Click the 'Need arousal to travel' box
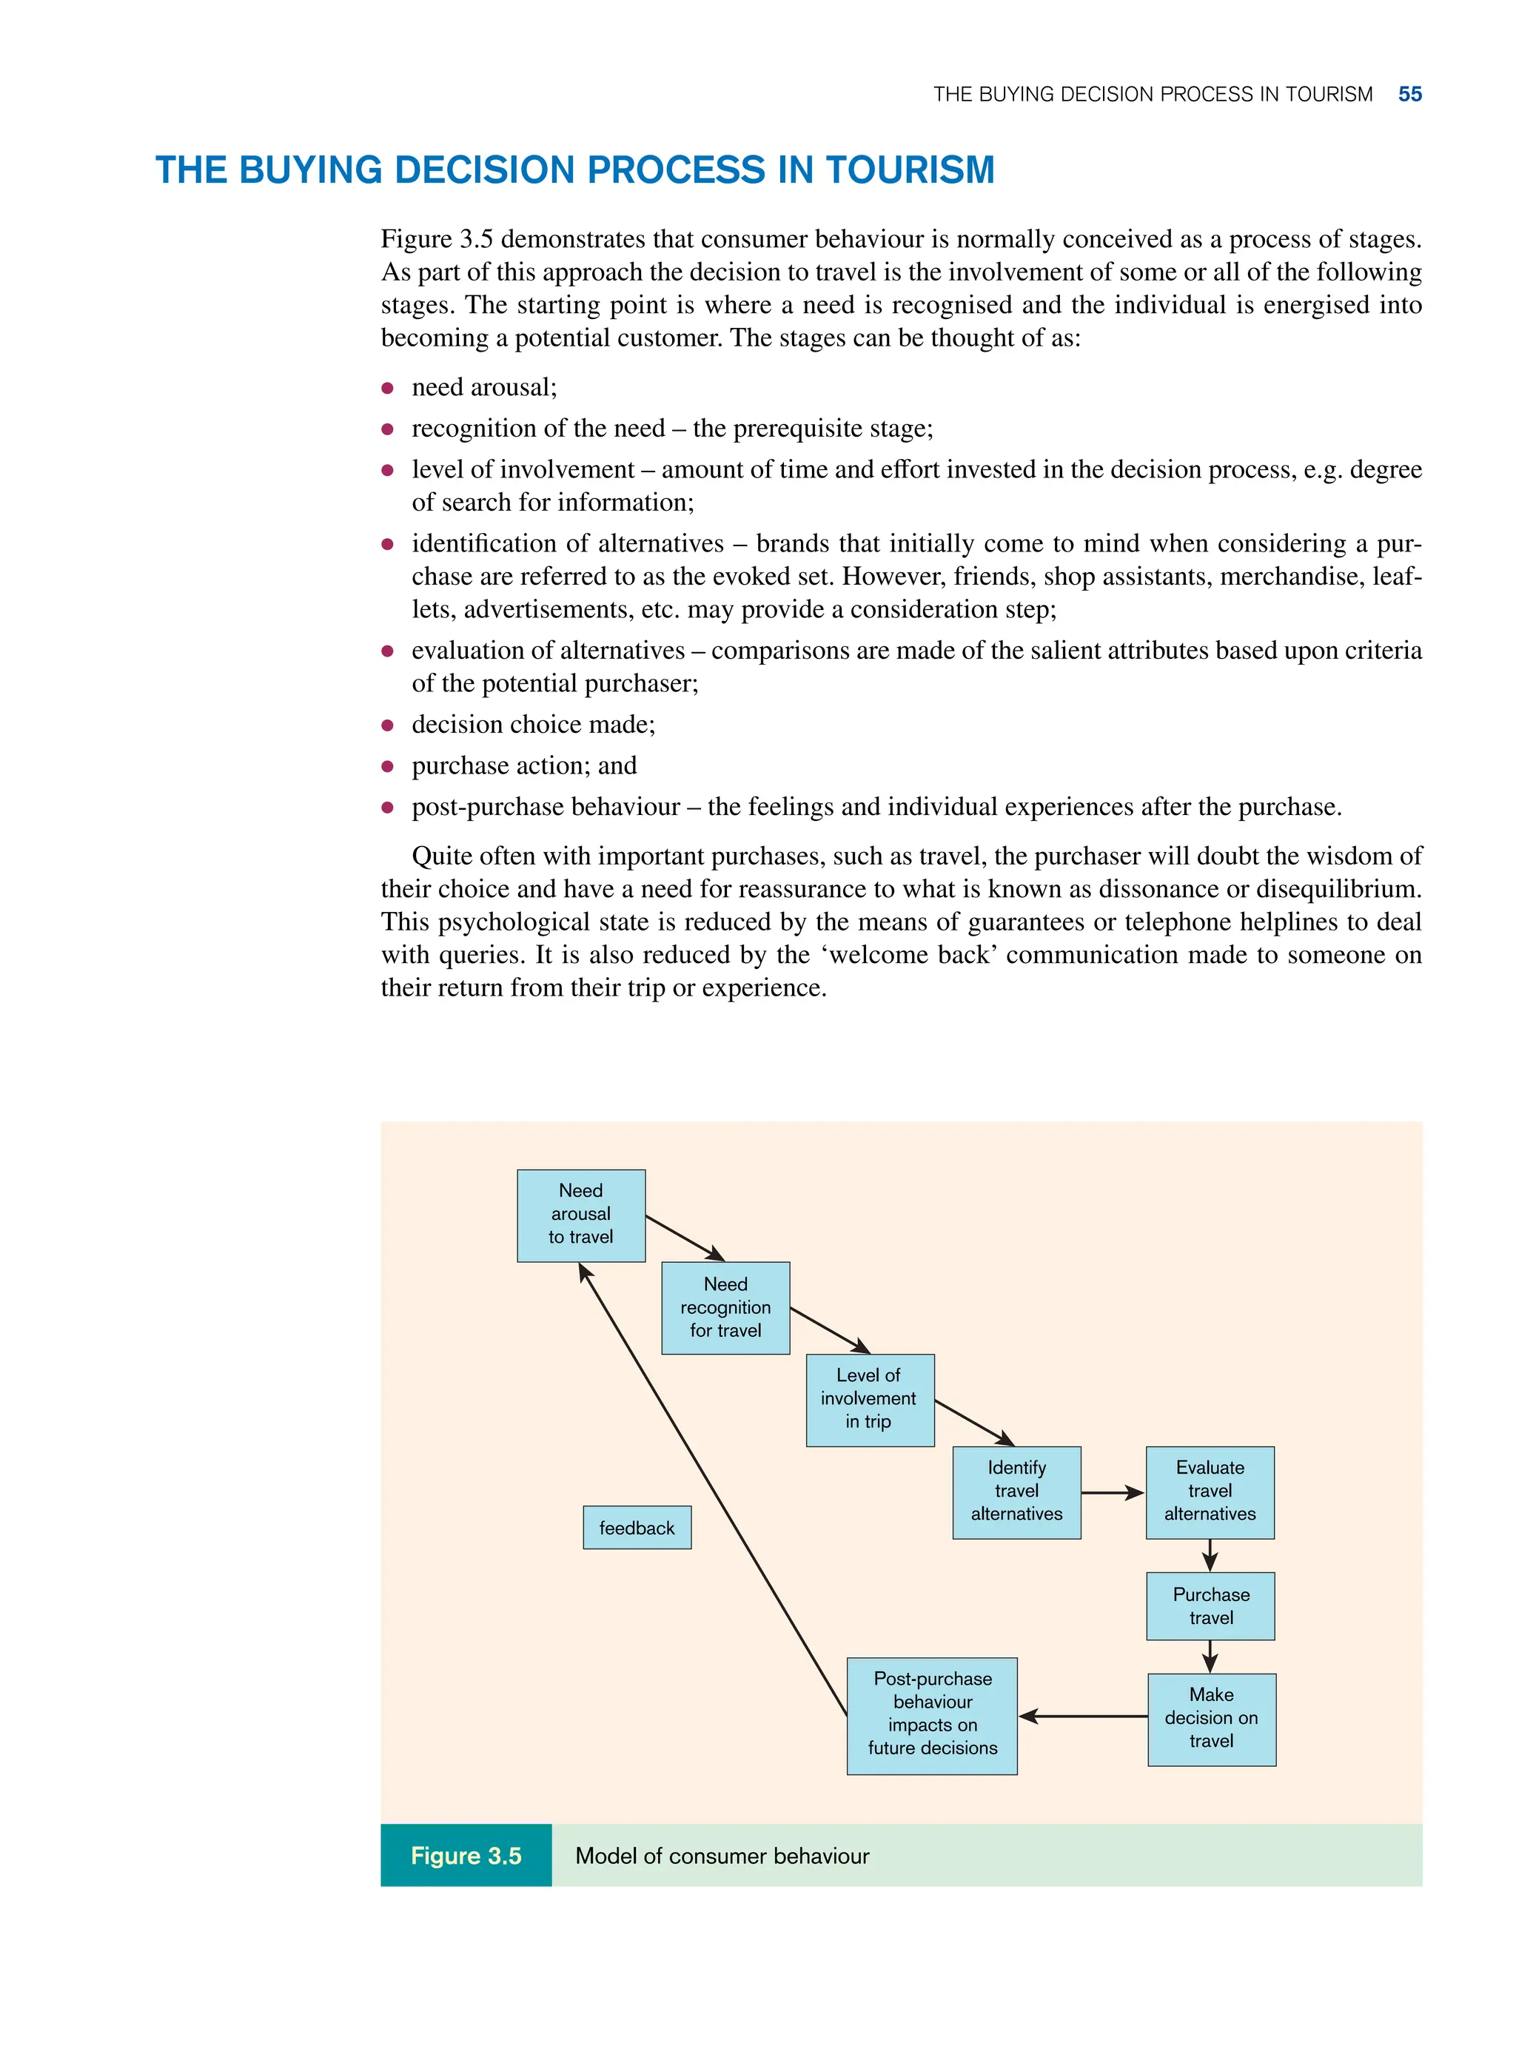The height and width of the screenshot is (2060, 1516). [x=581, y=1215]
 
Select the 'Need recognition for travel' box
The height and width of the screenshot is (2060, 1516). [x=725, y=1307]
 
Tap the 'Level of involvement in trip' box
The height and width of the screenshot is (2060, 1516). [x=869, y=1399]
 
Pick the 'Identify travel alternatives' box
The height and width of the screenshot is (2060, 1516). [x=1016, y=1492]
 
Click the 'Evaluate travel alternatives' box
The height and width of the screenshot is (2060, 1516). [x=1210, y=1492]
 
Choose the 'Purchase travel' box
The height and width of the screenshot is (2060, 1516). [x=1210, y=1606]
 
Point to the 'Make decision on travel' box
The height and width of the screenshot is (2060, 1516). [x=1210, y=1719]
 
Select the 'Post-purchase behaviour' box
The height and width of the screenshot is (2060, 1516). [x=931, y=1715]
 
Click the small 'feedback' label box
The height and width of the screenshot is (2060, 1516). [x=637, y=1528]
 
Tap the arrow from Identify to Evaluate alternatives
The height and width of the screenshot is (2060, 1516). [x=1113, y=1493]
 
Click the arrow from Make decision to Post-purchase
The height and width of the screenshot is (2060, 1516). [x=1083, y=1716]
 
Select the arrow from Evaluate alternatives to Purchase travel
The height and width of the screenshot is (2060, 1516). [x=1210, y=1555]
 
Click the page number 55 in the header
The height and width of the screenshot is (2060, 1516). [x=1409, y=95]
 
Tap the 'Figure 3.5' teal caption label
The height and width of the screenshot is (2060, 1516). [x=466, y=1856]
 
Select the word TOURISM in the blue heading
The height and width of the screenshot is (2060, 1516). [x=910, y=171]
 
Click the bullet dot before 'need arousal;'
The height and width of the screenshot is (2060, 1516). [x=387, y=388]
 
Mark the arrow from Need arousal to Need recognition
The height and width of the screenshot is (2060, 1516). [x=685, y=1238]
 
